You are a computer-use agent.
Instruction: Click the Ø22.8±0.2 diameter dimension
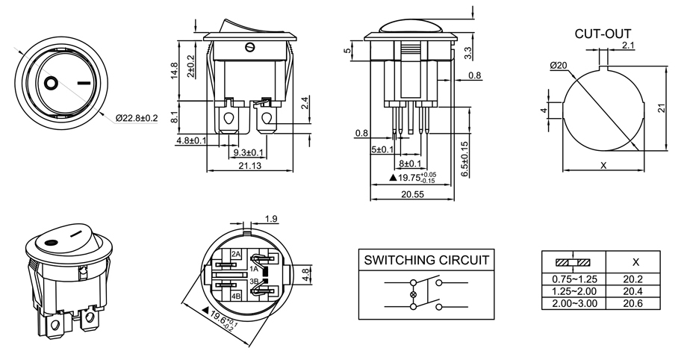(137, 118)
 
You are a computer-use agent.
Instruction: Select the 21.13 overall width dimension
(249, 166)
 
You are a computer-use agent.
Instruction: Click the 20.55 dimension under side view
(411, 193)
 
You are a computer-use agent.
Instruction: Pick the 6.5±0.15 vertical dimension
(464, 159)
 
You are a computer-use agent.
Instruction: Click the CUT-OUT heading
(603, 34)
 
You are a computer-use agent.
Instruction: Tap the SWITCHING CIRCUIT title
(426, 260)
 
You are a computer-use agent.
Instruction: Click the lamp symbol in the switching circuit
(413, 295)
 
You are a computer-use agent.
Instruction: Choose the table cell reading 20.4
(635, 291)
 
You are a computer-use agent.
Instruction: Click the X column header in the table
(635, 262)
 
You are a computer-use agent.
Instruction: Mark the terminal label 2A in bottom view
(236, 254)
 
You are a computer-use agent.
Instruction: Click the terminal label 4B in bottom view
(236, 296)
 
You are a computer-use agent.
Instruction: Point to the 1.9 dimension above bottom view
(271, 219)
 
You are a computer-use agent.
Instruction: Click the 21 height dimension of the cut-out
(661, 108)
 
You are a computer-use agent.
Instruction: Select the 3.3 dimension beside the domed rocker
(467, 52)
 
